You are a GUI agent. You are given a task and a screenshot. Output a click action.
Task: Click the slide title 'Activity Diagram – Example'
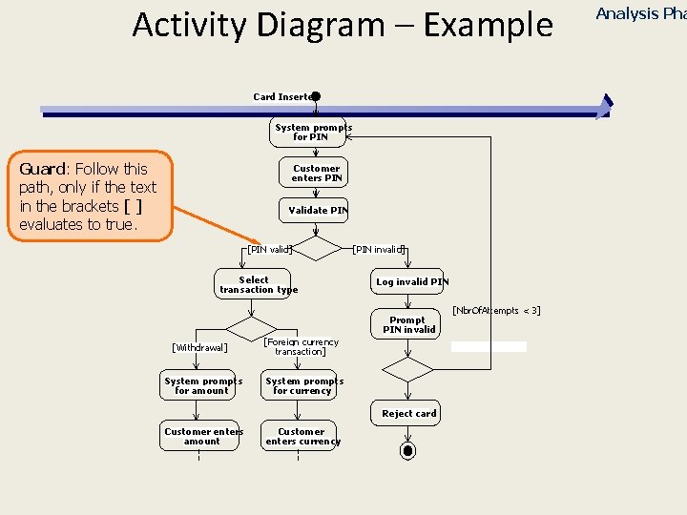(343, 25)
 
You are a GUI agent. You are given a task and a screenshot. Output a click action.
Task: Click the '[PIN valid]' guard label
(268, 250)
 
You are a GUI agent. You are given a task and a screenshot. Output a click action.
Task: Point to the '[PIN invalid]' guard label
(379, 250)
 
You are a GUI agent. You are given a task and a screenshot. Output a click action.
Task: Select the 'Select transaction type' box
(258, 285)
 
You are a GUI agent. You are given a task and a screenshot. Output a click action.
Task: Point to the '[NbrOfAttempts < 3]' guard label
(496, 311)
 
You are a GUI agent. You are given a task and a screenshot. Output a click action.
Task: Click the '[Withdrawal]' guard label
(199, 348)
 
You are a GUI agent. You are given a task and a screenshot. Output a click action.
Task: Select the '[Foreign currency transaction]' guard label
(301, 347)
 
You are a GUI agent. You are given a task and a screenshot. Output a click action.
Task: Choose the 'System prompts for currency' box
(300, 385)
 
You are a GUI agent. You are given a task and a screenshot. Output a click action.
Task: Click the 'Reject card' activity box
(407, 413)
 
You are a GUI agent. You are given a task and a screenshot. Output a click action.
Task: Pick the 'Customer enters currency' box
(300, 436)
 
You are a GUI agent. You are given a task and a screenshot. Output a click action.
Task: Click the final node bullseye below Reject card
(407, 450)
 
